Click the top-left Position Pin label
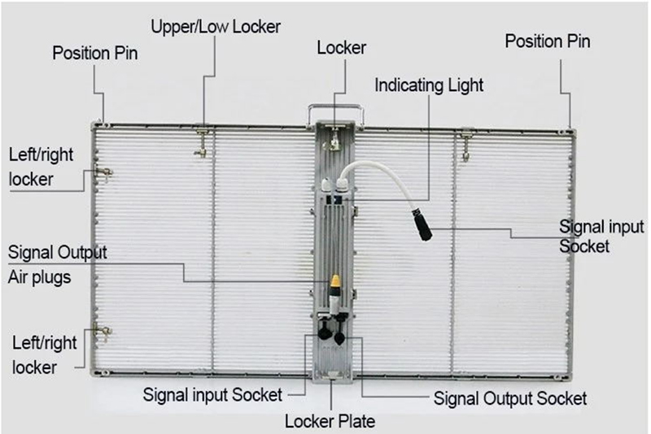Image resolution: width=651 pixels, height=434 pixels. pyautogui.click(x=95, y=54)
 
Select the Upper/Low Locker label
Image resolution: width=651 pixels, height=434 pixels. pyautogui.click(x=216, y=26)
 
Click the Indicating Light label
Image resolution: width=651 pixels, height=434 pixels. pyautogui.click(x=430, y=84)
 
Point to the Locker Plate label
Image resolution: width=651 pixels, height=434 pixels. pyautogui.click(x=330, y=421)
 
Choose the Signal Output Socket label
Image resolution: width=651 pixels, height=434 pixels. pyautogui.click(x=510, y=398)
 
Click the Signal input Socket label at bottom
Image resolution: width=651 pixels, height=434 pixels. pyautogui.click(x=212, y=395)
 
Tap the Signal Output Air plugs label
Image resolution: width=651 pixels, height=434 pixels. pyautogui.click(x=55, y=263)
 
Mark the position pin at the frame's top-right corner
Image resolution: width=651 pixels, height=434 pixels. pyautogui.click(x=571, y=125)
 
